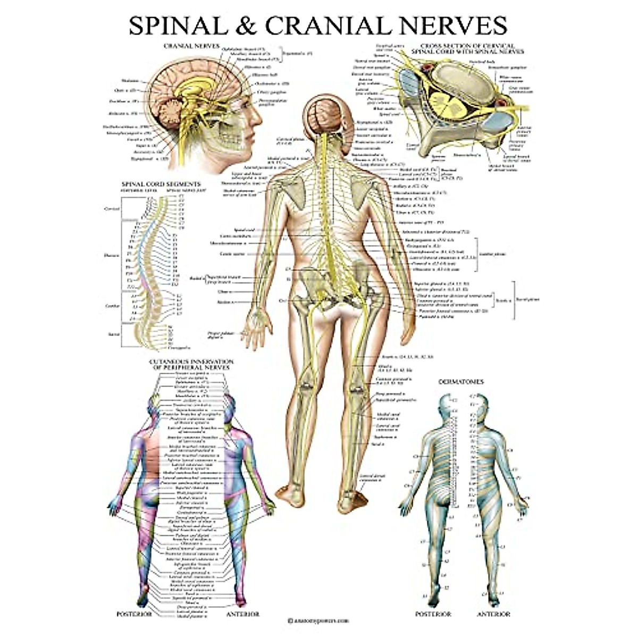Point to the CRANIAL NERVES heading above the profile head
click(x=191, y=46)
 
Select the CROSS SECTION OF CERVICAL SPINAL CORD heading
click(x=468, y=49)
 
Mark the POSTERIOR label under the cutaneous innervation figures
click(x=134, y=614)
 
